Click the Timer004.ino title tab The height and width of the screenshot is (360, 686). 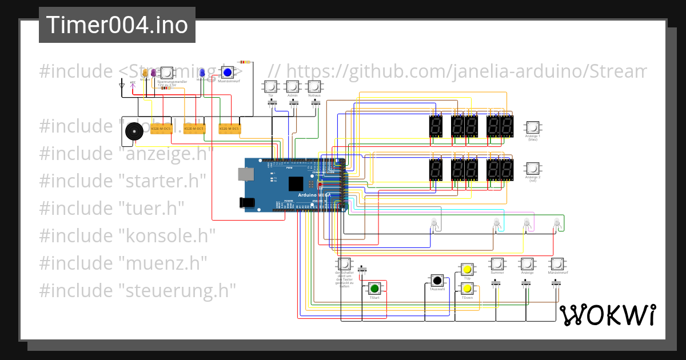click(x=117, y=25)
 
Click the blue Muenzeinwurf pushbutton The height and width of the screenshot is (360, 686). click(x=228, y=73)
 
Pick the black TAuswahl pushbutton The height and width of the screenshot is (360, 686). click(x=437, y=280)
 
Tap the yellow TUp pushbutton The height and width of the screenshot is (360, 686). click(x=467, y=269)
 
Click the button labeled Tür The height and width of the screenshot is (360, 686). click(x=270, y=87)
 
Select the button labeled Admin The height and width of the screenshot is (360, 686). click(x=292, y=87)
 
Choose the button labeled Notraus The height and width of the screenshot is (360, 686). click(x=314, y=87)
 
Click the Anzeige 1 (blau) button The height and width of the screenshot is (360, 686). click(x=532, y=127)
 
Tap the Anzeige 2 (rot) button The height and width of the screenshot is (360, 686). click(x=532, y=169)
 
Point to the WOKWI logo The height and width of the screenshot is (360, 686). click(x=607, y=315)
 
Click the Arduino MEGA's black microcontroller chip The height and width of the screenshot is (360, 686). click(x=296, y=183)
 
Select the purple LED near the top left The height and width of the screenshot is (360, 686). click(x=154, y=73)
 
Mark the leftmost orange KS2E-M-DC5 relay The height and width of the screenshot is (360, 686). click(x=161, y=129)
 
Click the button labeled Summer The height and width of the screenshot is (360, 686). click(x=497, y=264)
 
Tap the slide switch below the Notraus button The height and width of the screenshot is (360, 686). click(x=313, y=103)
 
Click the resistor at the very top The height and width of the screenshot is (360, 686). click(x=245, y=62)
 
